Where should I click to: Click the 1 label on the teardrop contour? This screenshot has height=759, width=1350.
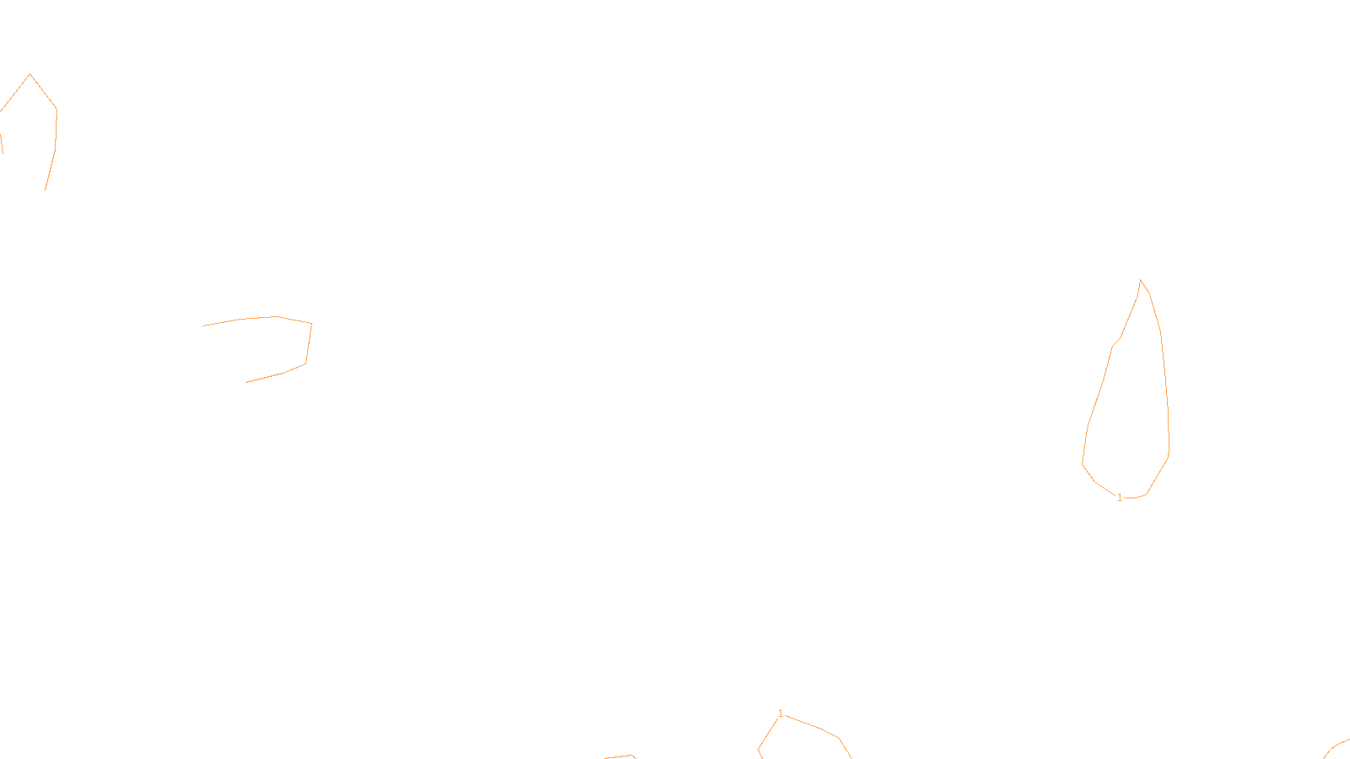[1120, 498]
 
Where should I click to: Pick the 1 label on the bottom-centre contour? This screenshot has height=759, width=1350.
[780, 713]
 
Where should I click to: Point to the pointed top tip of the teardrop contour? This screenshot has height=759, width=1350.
[1140, 280]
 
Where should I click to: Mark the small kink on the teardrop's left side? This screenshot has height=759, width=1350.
[1114, 345]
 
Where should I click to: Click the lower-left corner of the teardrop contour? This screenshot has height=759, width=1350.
[1083, 463]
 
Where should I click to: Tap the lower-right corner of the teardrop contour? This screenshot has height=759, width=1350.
[1169, 456]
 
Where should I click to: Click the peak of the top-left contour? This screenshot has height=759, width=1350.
[30, 74]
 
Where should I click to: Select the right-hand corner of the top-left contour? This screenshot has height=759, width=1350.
[57, 110]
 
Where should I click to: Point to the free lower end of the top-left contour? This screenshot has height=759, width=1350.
[45, 190]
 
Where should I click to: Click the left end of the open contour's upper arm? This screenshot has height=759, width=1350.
[203, 326]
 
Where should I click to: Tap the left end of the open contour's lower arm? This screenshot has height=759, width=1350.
[246, 382]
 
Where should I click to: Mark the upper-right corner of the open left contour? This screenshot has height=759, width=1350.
[311, 323]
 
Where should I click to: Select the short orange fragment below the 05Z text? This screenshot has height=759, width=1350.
[620, 756]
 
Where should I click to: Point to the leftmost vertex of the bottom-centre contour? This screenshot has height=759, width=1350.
[759, 749]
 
